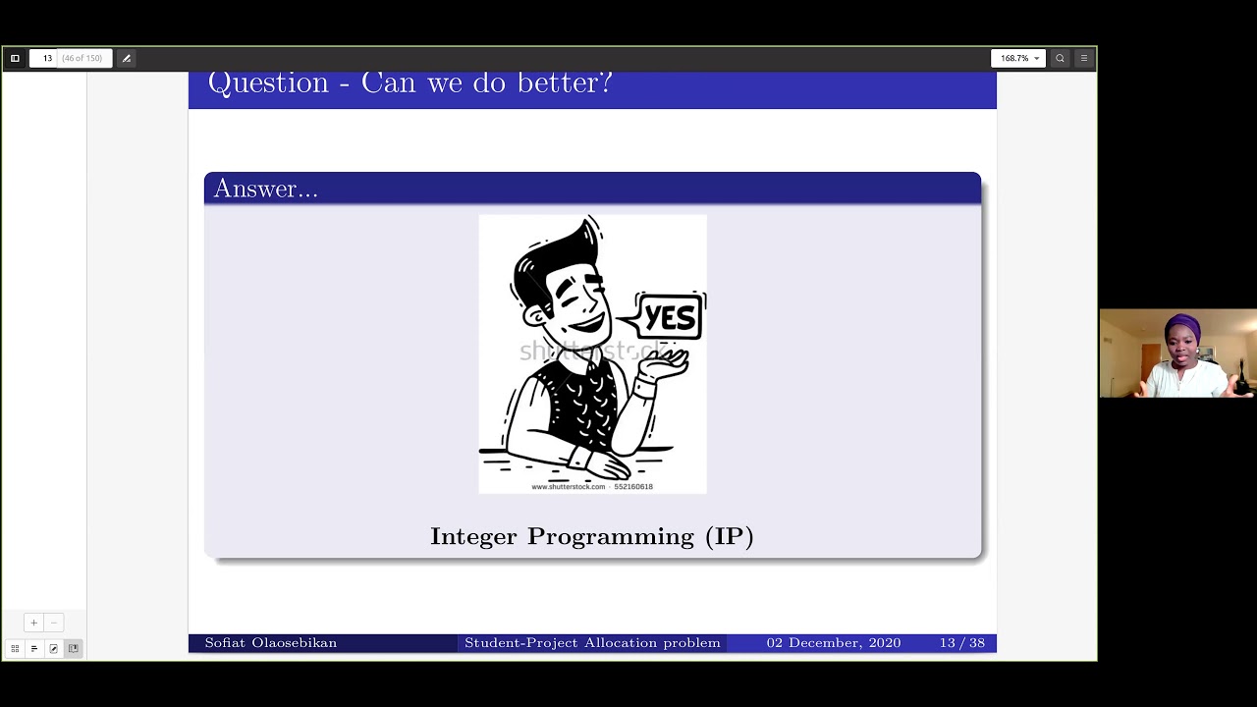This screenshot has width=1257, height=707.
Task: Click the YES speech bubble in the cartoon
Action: click(x=671, y=317)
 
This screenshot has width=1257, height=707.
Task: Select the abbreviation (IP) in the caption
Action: click(x=729, y=536)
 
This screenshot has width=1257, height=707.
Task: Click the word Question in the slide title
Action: click(x=268, y=83)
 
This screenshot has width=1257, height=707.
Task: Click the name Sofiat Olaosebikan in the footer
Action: click(x=270, y=643)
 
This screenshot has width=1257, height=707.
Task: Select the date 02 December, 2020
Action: click(x=833, y=643)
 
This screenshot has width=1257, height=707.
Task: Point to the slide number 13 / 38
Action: click(x=961, y=643)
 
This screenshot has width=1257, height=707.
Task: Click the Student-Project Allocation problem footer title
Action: click(x=592, y=643)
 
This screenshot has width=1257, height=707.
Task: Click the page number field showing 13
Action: click(x=46, y=58)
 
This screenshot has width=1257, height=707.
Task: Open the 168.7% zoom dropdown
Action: click(x=1018, y=58)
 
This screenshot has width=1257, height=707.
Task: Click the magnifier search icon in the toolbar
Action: click(x=1060, y=58)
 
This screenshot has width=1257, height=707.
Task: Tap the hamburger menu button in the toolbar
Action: click(x=1083, y=58)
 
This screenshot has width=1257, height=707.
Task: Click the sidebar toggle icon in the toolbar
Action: click(x=15, y=58)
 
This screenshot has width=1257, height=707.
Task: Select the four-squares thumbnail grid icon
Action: click(x=15, y=648)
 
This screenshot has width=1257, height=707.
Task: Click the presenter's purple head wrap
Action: click(x=1182, y=325)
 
